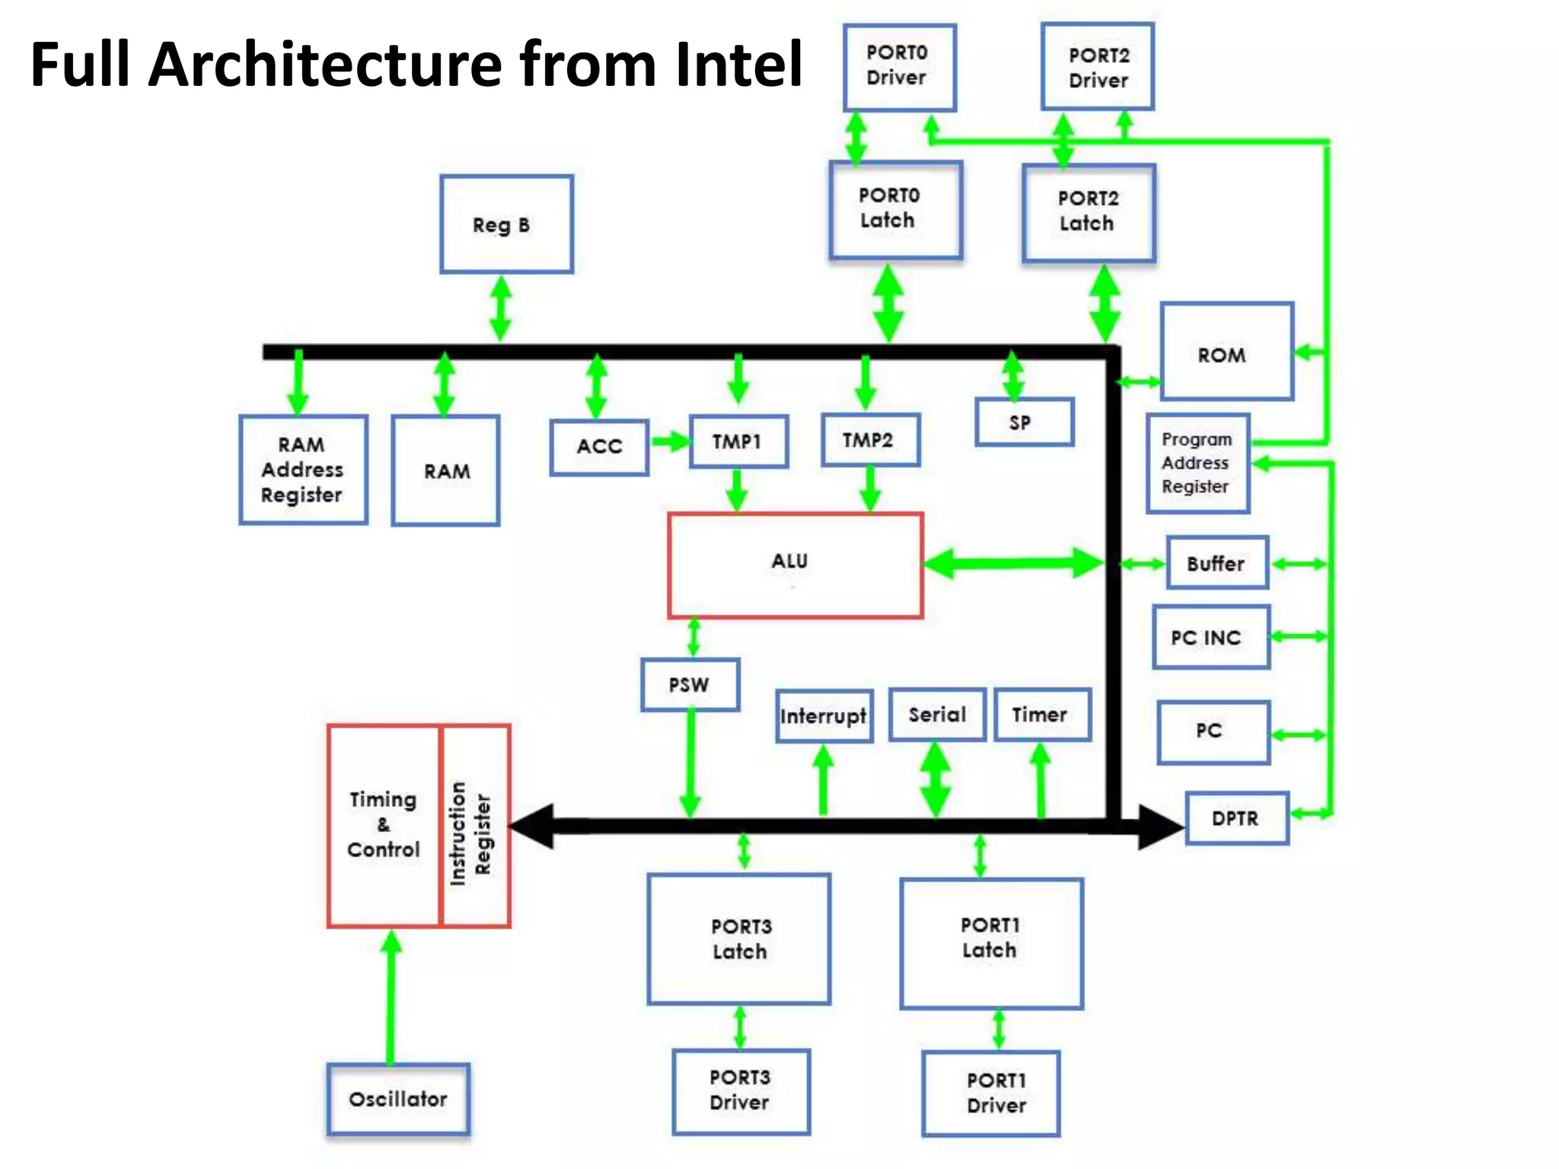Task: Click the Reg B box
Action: pos(506,224)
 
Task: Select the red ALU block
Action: pos(795,565)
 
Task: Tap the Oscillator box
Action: pos(398,1099)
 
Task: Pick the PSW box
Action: pos(690,684)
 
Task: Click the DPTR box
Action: pos(1236,818)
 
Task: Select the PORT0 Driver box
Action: pos(899,67)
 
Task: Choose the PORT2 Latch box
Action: pos(1089,212)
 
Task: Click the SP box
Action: pos(1024,422)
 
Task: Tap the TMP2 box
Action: pos(870,440)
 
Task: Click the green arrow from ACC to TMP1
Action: pos(669,441)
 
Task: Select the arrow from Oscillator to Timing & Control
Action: pos(391,997)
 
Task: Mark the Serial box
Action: pos(937,714)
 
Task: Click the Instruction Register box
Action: pos(474,826)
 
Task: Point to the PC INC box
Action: pos(1210,637)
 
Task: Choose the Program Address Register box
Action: pos(1197,463)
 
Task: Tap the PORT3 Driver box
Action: pos(740,1090)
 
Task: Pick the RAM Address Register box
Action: pos(303,470)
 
